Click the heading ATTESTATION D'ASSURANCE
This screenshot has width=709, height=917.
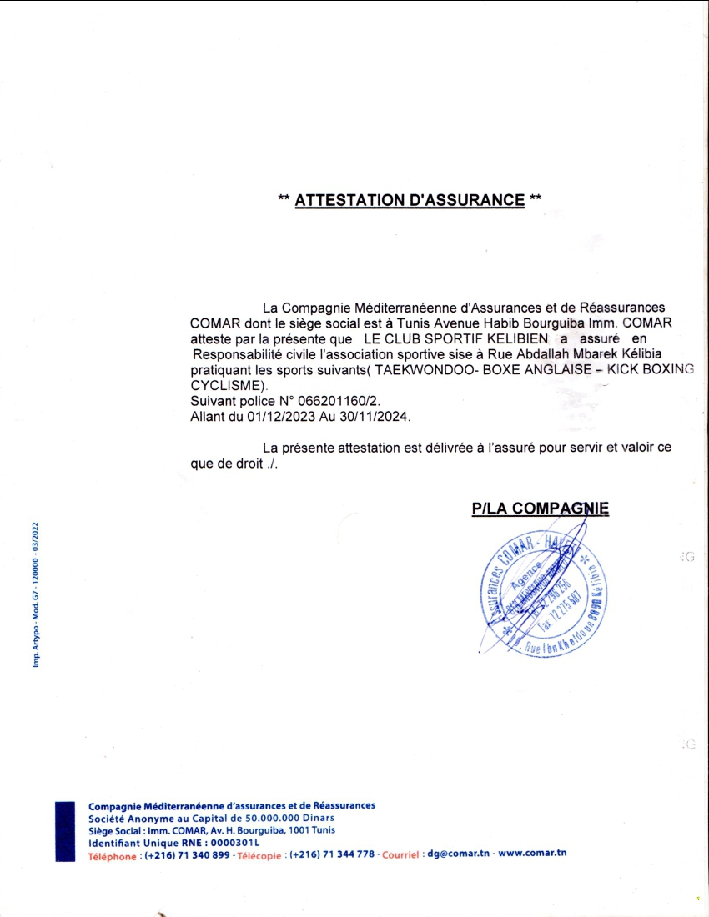tap(410, 200)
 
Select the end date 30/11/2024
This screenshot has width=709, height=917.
tap(375, 414)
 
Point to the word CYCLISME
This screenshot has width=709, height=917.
tap(226, 385)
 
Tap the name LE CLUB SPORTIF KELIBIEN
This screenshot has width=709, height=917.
tap(455, 339)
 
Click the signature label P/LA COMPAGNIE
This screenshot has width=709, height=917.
tap(540, 509)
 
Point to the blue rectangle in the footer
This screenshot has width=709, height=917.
tap(66, 830)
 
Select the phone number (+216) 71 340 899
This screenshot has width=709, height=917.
tap(187, 855)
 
